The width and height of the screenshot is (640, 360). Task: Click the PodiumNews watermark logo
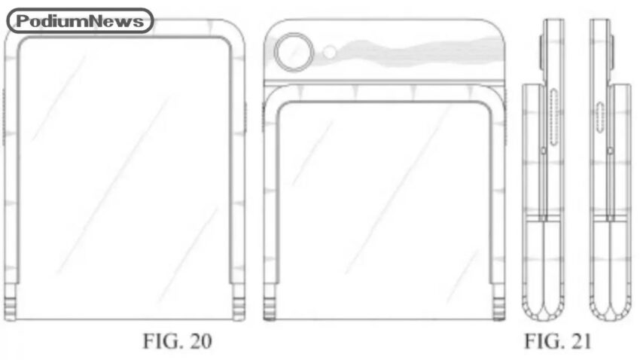(x=80, y=21)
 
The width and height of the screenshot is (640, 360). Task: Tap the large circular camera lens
(x=294, y=52)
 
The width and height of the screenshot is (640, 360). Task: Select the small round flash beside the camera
(x=329, y=52)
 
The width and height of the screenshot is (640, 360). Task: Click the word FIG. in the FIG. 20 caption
(x=161, y=341)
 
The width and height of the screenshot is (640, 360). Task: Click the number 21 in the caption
(x=580, y=341)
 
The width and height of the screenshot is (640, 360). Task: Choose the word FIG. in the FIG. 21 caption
(x=542, y=341)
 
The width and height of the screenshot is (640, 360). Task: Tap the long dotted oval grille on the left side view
(x=554, y=117)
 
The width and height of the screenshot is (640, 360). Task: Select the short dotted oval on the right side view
(x=599, y=117)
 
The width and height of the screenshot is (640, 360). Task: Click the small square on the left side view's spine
(x=544, y=151)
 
